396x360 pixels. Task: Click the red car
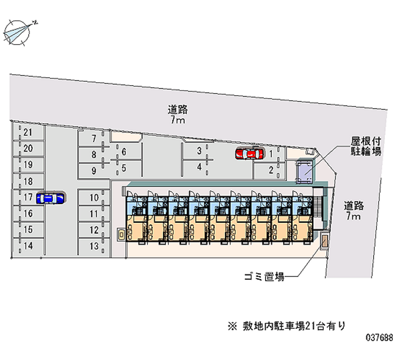coord(249,154)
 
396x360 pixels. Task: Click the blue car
coord(50,198)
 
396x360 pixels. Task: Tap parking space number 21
coord(28,132)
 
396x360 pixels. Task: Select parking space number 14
coord(28,246)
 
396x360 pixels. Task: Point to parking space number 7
coord(94,139)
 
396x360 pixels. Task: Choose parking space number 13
coord(94,246)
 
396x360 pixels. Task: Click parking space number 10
coord(94,198)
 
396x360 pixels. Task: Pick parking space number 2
coord(271,170)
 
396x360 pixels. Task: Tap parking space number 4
coord(199,167)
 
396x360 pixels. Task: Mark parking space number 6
coord(124,152)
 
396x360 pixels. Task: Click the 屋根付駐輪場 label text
coord(366,147)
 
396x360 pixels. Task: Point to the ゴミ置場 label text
coord(264,277)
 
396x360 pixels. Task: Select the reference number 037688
coord(379,338)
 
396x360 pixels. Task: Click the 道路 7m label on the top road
coord(178,115)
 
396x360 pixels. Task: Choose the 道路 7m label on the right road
coord(353,210)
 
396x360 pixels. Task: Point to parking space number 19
coord(28,165)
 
